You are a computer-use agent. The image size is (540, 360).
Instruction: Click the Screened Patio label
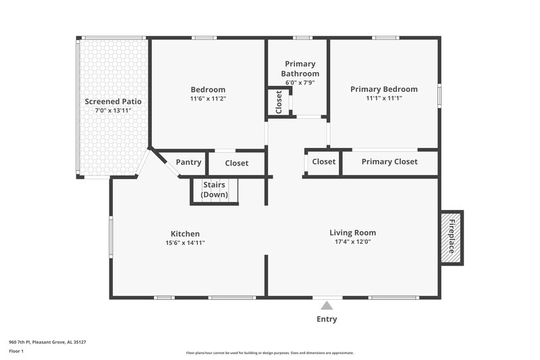(x=113, y=101)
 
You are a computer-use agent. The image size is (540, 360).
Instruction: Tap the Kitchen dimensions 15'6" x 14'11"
(x=185, y=242)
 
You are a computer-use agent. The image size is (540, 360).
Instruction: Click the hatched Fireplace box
(x=452, y=236)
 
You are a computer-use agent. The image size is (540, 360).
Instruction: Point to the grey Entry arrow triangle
(x=327, y=305)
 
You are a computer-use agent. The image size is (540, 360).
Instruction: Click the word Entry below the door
(x=327, y=319)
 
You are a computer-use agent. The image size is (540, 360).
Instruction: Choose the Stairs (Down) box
(x=215, y=190)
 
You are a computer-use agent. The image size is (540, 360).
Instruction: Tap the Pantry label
(x=188, y=162)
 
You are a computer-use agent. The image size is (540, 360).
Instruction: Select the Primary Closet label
(x=389, y=161)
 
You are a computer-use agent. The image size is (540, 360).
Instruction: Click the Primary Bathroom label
(x=300, y=69)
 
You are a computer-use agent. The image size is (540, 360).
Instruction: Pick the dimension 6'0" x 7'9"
(x=300, y=83)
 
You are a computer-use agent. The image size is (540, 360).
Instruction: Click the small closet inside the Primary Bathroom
(x=278, y=102)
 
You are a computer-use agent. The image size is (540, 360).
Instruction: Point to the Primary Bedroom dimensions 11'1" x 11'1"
(x=383, y=98)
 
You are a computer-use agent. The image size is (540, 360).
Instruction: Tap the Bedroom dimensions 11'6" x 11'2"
(x=208, y=99)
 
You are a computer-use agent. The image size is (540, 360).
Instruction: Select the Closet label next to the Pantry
(x=236, y=163)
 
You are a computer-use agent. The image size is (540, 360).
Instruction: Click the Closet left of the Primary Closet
(x=323, y=161)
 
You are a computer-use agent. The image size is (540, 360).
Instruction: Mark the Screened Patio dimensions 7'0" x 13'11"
(x=113, y=110)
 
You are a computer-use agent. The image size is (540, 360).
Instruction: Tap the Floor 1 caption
(x=17, y=352)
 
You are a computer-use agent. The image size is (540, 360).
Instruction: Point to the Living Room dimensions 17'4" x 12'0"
(x=352, y=242)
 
